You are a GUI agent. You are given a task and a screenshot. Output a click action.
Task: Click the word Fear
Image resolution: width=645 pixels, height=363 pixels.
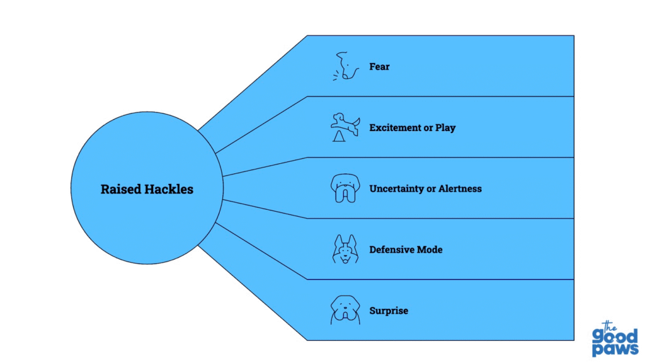coord(379,66)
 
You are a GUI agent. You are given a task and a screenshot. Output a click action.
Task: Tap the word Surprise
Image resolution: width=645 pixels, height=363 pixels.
coord(389,311)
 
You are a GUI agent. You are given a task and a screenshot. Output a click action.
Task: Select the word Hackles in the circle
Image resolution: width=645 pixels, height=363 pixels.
coord(169,189)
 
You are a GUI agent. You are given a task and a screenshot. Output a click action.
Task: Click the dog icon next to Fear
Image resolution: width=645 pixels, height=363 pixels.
coord(344,66)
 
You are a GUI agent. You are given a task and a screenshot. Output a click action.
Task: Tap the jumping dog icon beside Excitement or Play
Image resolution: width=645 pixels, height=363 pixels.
coord(344,127)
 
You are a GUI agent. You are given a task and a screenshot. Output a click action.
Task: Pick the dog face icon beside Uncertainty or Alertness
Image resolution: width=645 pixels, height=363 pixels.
coord(344,188)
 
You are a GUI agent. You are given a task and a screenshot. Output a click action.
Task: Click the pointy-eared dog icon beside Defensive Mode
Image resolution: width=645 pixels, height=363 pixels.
coord(344,249)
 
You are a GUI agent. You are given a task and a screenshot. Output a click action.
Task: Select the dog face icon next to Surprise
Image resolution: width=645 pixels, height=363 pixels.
coord(344,310)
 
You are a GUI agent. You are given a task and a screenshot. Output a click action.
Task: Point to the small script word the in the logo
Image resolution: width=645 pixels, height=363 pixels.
coord(608,324)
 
